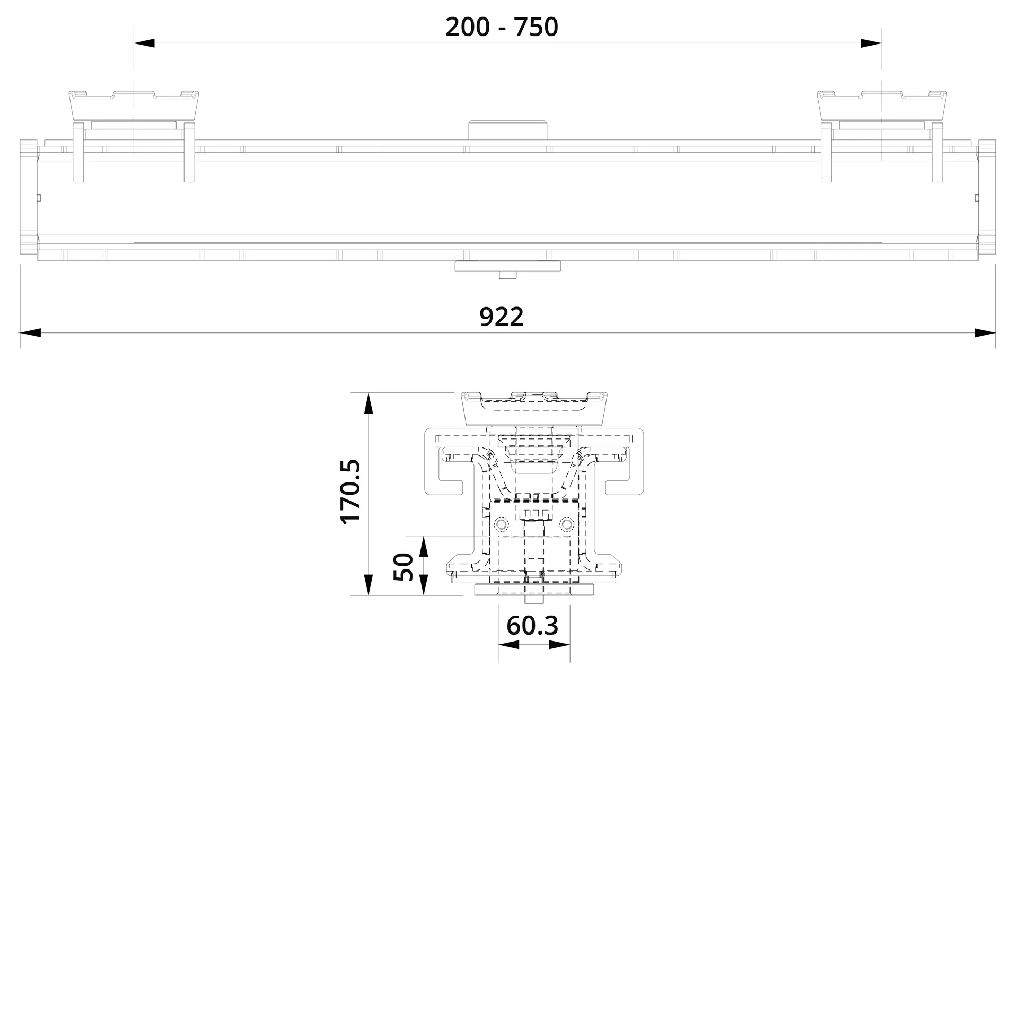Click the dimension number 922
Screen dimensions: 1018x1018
point(502,317)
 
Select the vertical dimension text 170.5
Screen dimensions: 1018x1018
point(350,493)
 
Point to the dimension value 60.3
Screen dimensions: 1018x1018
point(532,626)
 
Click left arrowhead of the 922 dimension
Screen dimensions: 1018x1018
point(31,333)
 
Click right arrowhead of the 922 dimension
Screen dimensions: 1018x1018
point(985,333)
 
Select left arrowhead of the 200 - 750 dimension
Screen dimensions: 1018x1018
point(144,43)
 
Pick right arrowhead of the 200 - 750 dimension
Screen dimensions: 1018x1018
point(871,43)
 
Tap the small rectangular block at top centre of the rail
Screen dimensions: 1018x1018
point(507,130)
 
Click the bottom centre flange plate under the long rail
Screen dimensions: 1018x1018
point(507,266)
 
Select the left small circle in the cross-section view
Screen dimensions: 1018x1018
point(499,524)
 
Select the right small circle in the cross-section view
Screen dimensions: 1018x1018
point(567,524)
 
